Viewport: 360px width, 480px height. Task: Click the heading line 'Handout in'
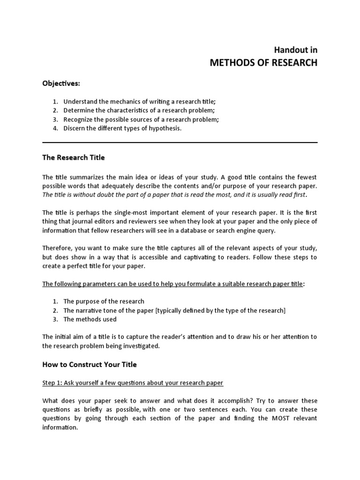pos(295,50)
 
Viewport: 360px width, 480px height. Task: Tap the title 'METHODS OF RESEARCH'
pos(263,62)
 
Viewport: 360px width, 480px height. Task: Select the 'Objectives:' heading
pos(61,83)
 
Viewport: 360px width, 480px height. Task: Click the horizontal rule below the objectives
pos(180,142)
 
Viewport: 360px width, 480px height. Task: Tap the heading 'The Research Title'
pos(74,157)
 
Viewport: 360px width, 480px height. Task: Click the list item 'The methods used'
pos(90,319)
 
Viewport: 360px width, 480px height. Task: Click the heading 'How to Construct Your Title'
pos(90,364)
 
